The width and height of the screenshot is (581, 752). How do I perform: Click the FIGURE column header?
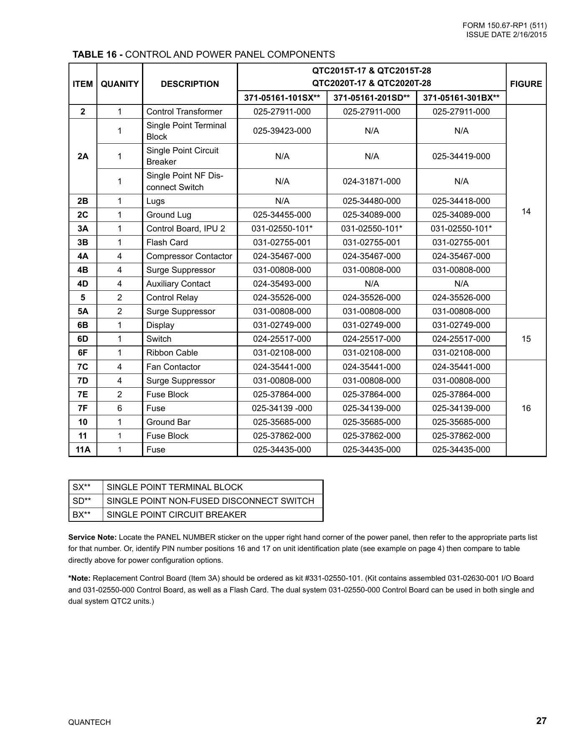(526, 84)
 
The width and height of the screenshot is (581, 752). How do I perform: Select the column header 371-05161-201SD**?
(371, 98)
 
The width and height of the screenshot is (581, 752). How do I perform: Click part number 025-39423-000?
(282, 131)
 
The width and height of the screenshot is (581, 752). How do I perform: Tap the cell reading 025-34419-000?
(461, 156)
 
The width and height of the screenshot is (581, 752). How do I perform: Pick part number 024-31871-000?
(371, 181)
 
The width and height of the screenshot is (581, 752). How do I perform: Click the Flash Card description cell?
(167, 242)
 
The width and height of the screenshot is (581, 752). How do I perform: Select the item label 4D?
(83, 284)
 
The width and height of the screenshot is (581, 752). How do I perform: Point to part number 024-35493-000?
(282, 284)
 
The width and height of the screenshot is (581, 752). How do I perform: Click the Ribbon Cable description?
(172, 353)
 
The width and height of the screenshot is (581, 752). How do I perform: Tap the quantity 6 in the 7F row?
(119, 408)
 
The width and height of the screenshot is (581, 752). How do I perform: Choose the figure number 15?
(526, 339)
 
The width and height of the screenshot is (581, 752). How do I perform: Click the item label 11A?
(83, 450)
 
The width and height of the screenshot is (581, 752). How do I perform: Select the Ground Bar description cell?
(168, 422)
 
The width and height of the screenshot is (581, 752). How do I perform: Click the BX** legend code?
(81, 515)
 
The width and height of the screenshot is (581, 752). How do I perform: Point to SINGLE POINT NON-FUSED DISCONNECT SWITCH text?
(210, 501)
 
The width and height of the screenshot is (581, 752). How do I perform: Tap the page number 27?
(541, 721)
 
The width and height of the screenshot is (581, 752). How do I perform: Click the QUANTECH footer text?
(89, 722)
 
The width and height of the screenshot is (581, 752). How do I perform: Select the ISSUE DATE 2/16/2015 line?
(506, 35)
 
